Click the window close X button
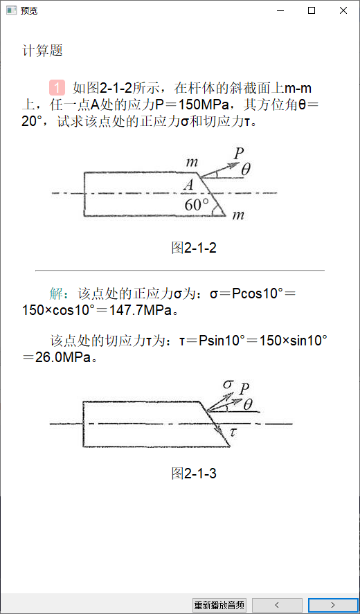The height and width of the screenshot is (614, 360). (x=343, y=11)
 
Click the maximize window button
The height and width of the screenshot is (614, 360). (x=312, y=11)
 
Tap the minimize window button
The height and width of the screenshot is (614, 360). (x=280, y=11)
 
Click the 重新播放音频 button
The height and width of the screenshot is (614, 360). (x=219, y=604)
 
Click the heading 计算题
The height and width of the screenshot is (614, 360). (x=43, y=51)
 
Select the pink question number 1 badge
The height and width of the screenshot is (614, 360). (x=57, y=88)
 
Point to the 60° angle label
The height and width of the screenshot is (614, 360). (x=197, y=205)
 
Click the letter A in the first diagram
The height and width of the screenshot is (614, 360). (x=189, y=186)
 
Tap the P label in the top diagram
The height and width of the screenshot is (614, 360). (x=239, y=154)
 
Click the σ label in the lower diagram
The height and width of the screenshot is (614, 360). (x=228, y=384)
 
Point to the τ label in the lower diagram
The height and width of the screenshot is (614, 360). (x=233, y=433)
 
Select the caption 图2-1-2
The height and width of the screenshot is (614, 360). (x=194, y=248)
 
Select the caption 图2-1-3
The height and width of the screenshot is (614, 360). (x=194, y=473)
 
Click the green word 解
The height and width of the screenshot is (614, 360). (x=56, y=294)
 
